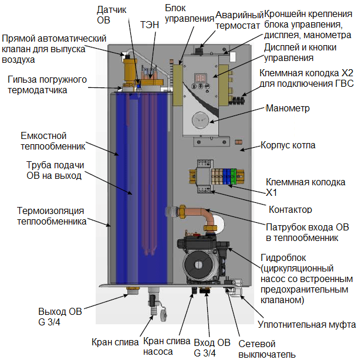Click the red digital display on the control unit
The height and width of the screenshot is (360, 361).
tap(201, 78)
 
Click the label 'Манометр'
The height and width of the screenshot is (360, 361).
tap(288, 108)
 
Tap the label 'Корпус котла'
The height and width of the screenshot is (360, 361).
tap(288, 145)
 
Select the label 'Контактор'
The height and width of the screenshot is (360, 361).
tap(290, 209)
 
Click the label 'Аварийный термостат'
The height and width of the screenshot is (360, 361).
tap(238, 20)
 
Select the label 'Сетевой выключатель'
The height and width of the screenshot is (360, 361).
tap(266, 349)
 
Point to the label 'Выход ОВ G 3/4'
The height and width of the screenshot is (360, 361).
tap(61, 316)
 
